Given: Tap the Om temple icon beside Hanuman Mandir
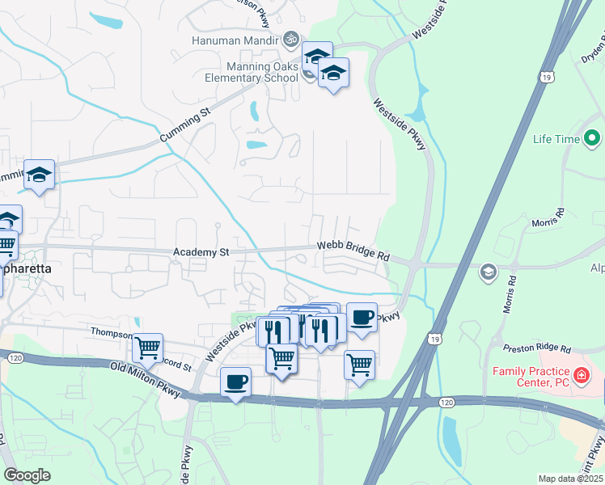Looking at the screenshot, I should [290, 39].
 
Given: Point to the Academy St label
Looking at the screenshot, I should [201, 253].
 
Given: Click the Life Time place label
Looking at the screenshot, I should [556, 139].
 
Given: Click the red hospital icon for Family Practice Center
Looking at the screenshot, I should [580, 376].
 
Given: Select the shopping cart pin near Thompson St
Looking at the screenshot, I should [148, 348].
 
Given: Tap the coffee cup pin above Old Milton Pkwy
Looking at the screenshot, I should [235, 382].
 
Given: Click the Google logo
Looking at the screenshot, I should [27, 474].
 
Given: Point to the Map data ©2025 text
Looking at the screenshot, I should [570, 479].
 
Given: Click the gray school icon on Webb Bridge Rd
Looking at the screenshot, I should [487, 272].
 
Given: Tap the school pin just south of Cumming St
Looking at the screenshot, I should [38, 175].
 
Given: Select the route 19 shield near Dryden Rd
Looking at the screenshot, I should [548, 76].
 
